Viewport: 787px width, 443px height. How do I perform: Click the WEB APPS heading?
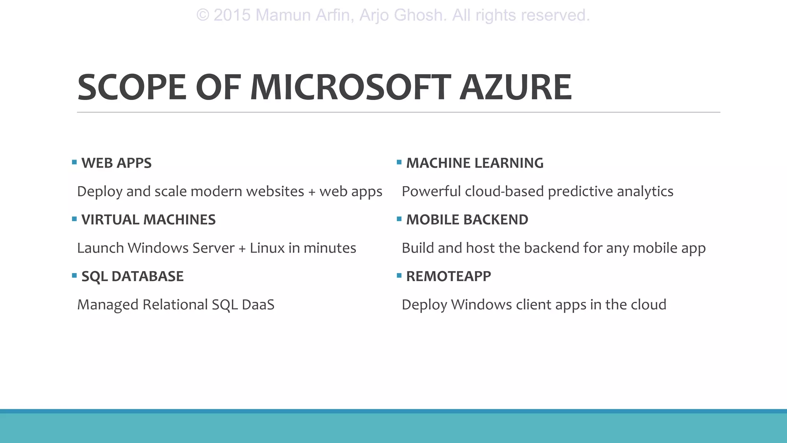coord(116,163)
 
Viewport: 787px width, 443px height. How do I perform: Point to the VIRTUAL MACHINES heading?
coord(148,220)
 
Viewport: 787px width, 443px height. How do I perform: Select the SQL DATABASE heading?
coord(132,276)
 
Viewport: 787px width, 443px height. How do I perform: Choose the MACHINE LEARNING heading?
coord(475,163)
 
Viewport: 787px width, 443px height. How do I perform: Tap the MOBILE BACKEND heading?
coord(467,220)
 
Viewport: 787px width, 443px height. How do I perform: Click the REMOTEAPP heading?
coord(448,276)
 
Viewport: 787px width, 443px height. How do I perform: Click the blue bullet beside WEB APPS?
coord(75,162)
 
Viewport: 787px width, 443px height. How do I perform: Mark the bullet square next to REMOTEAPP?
coord(399,275)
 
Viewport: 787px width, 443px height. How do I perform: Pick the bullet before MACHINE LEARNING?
coord(399,162)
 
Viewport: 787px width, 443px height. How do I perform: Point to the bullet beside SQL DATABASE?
coord(75,275)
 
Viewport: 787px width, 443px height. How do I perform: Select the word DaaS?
coord(258,305)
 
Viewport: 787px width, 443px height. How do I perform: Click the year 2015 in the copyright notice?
coord(232,15)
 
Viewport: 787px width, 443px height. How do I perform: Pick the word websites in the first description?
coord(275,192)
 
